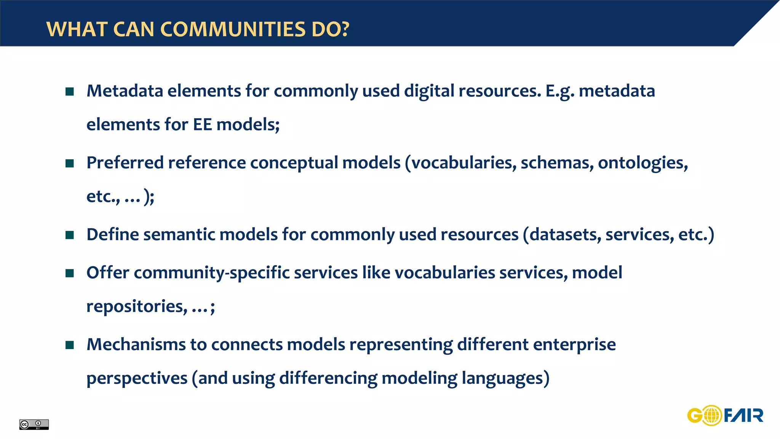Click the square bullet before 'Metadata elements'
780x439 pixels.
pyautogui.click(x=69, y=91)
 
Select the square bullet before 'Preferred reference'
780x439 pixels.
pyautogui.click(x=69, y=163)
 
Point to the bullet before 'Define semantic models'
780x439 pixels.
pyautogui.click(x=69, y=235)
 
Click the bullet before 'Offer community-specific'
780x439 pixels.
pyautogui.click(x=69, y=273)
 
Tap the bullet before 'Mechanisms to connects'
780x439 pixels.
pyautogui.click(x=69, y=345)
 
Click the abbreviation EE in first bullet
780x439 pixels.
pyautogui.click(x=202, y=125)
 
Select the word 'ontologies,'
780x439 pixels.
pyautogui.click(x=643, y=163)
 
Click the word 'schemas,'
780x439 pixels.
pyautogui.click(x=557, y=163)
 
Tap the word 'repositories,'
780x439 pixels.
pyautogui.click(x=137, y=307)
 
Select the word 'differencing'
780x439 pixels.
pyautogui.click(x=328, y=378)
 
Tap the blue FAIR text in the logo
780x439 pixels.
pyautogui.click(x=743, y=415)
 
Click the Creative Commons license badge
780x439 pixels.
pyautogui.click(x=34, y=424)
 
